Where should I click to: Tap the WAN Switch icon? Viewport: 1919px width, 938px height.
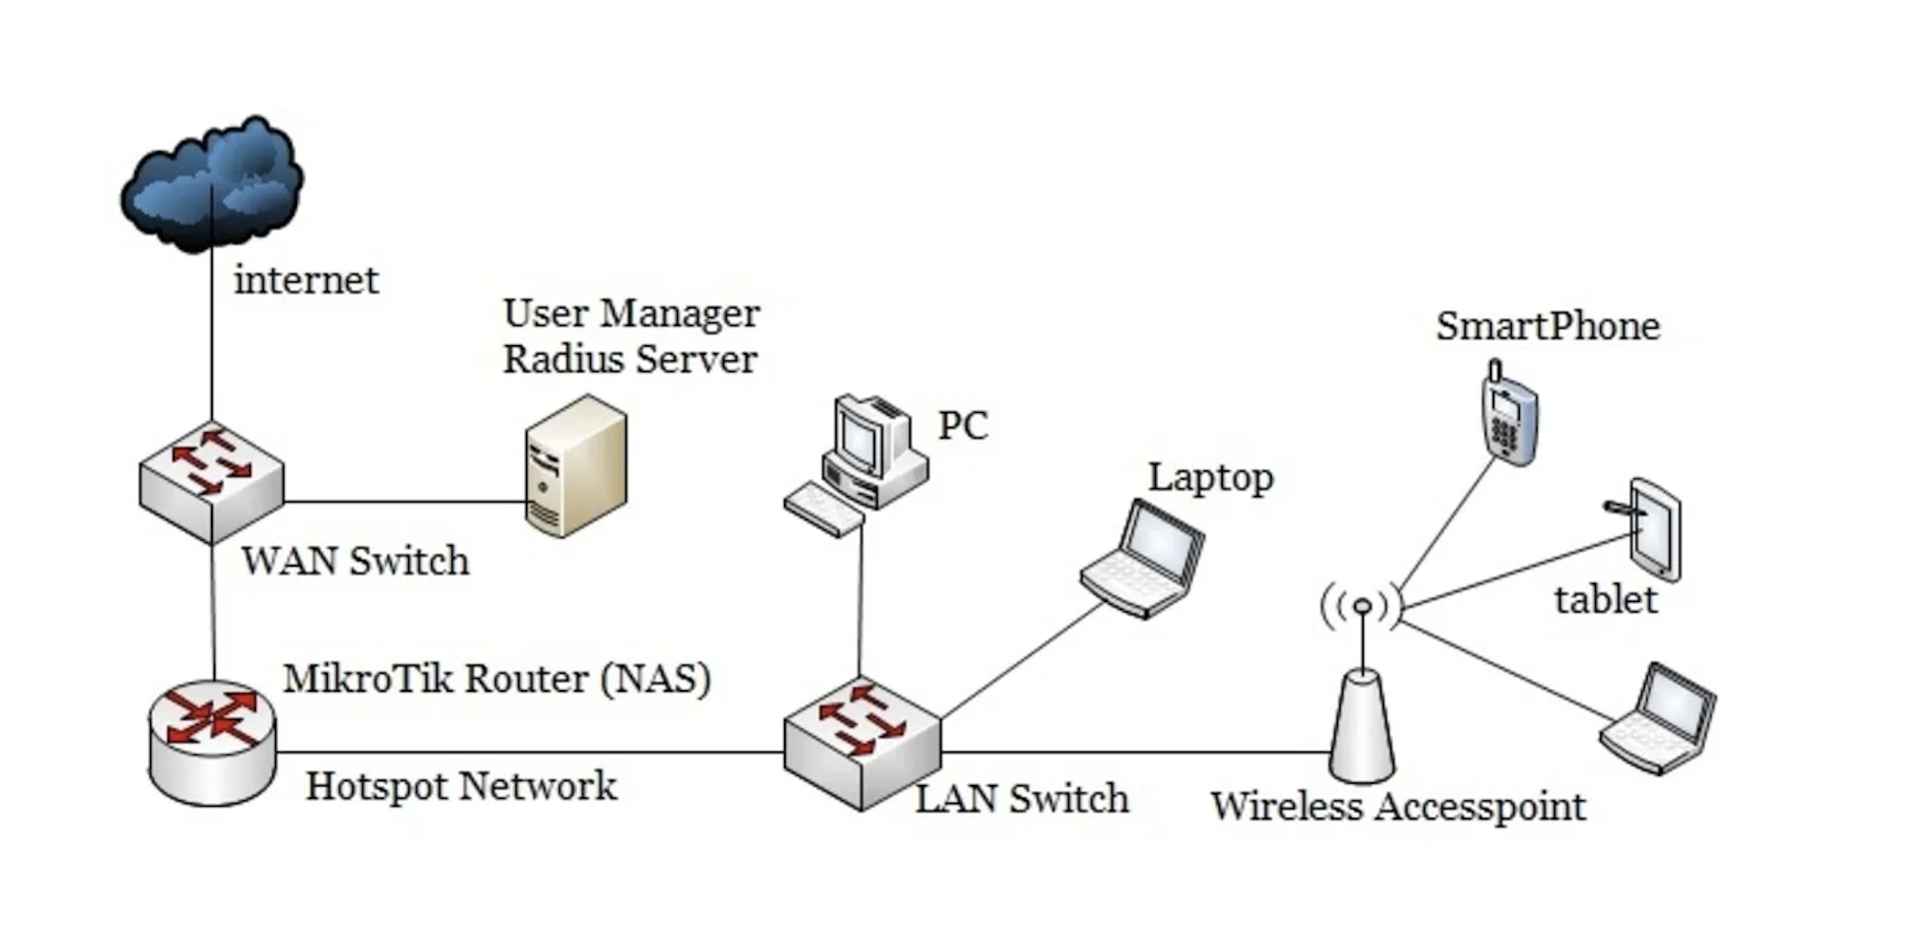point(212,483)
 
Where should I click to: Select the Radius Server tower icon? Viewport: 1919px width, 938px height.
point(576,466)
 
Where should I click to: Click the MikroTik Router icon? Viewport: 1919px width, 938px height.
point(213,742)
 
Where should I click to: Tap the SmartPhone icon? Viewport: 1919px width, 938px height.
point(1508,416)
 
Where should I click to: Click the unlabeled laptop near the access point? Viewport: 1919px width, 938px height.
point(1658,720)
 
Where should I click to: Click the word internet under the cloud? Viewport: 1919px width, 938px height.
point(306,281)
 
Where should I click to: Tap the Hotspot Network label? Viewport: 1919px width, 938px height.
point(461,786)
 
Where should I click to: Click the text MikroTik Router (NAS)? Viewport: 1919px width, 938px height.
point(497,679)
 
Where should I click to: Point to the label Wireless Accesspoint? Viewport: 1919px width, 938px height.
point(1399,807)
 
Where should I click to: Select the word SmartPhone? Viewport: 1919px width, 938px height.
point(1548,327)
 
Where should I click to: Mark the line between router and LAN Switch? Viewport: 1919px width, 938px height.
point(530,751)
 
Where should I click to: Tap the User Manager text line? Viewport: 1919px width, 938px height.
point(631,313)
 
